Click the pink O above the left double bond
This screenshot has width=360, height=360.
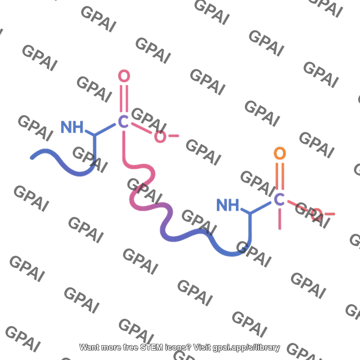click(x=124, y=76)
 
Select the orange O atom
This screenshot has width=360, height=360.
click(x=280, y=153)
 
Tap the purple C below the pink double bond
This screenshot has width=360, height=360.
click(x=123, y=121)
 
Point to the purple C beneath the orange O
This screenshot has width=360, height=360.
click(x=279, y=199)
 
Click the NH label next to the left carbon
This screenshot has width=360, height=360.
click(x=72, y=127)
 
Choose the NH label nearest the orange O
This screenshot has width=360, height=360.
click(x=228, y=205)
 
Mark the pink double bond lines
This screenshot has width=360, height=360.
click(x=124, y=99)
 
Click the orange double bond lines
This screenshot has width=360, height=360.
click(x=280, y=176)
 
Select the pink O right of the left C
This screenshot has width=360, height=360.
click(x=160, y=137)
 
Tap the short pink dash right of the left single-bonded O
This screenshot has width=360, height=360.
click(x=174, y=136)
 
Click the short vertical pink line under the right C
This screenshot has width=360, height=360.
click(x=279, y=219)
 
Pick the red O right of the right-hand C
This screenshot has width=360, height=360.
click(x=316, y=215)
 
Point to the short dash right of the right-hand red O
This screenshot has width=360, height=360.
click(x=330, y=214)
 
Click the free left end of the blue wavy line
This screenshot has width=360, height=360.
click(x=32, y=158)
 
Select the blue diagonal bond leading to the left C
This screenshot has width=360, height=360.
click(x=105, y=130)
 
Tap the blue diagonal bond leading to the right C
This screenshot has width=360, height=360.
click(x=261, y=207)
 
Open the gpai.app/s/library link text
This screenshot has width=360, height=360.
click(x=246, y=347)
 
